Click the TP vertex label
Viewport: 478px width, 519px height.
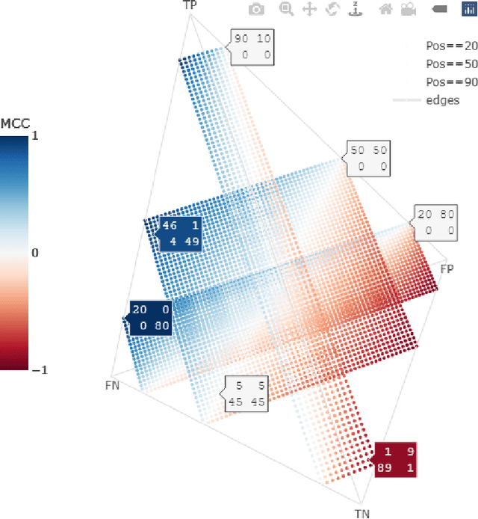pyautogui.click(x=190, y=6)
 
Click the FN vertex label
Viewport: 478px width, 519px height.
pyautogui.click(x=112, y=385)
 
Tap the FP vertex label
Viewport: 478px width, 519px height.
pyautogui.click(x=447, y=268)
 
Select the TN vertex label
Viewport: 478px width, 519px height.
pyautogui.click(x=361, y=513)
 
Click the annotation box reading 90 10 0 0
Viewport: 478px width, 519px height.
pyautogui.click(x=252, y=47)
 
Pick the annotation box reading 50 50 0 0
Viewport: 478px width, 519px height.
pyautogui.click(x=369, y=159)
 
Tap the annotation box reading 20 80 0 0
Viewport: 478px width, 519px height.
pyautogui.click(x=436, y=223)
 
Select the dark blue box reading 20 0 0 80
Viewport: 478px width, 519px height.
pyautogui.click(x=150, y=318)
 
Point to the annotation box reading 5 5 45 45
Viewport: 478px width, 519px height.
pyautogui.click(x=247, y=394)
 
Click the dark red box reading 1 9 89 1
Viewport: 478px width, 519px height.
pyautogui.click(x=396, y=460)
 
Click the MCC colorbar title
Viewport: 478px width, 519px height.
pyautogui.click(x=16, y=123)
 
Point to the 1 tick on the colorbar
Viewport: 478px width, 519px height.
pyautogui.click(x=34, y=137)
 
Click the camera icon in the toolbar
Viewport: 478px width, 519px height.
pyautogui.click(x=256, y=9)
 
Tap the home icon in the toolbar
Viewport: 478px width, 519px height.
pyautogui.click(x=386, y=9)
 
